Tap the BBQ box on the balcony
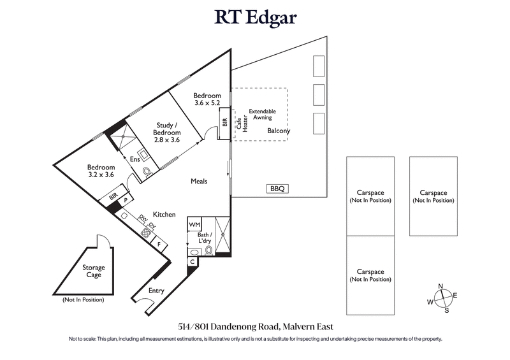[x=276, y=189]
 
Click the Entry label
[x=156, y=291]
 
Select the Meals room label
[x=200, y=182]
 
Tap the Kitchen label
[x=163, y=215]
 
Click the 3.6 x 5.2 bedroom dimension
[x=207, y=104]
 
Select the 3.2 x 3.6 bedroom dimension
[x=100, y=175]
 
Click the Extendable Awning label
[x=262, y=114]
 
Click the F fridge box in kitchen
[x=158, y=243]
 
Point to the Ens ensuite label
[x=135, y=159]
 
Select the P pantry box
[x=126, y=200]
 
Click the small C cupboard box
[x=193, y=262]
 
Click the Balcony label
[x=279, y=131]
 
